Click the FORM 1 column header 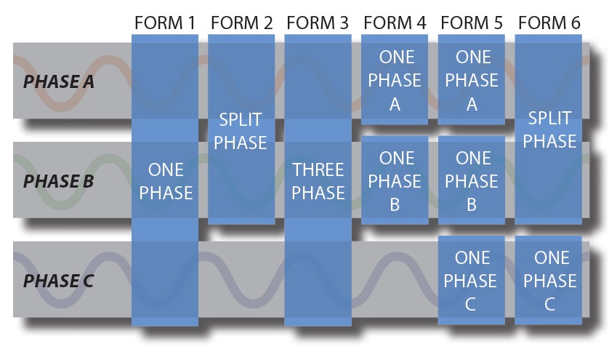(165, 23)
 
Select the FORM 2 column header (241, 23)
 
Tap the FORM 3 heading (318, 23)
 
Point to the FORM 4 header (395, 23)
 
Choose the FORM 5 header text (472, 23)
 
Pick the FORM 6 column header (549, 23)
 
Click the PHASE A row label (59, 81)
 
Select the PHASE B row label (59, 181)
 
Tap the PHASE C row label (59, 281)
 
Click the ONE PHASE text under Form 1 (166, 181)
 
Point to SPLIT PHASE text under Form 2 (241, 131)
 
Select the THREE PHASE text (318, 181)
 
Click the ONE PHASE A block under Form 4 (395, 80)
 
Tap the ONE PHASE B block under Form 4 (395, 181)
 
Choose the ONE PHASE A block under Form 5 (472, 80)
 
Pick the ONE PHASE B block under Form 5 (472, 181)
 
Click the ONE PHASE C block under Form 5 (471, 281)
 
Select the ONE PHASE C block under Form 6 (549, 281)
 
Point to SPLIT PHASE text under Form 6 (549, 129)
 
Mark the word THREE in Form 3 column (318, 170)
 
